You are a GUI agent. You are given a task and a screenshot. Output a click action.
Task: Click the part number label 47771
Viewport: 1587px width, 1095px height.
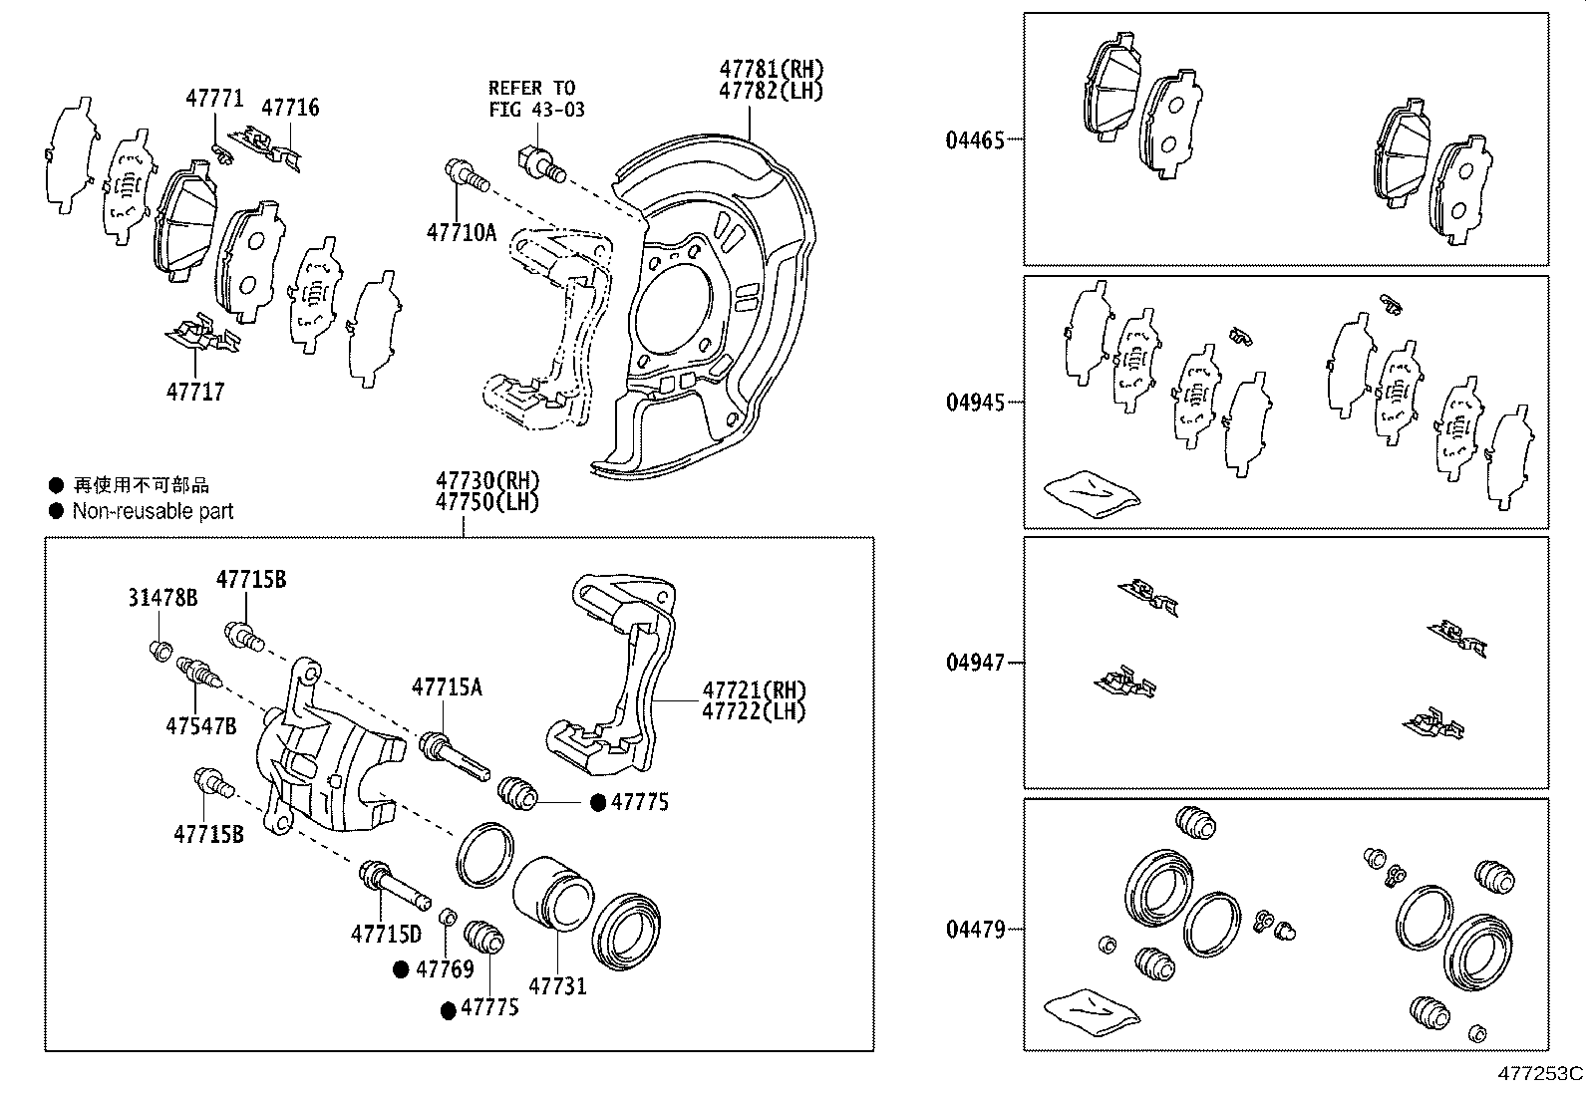214,98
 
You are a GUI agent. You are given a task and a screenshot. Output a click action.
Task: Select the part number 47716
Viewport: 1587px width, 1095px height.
290,107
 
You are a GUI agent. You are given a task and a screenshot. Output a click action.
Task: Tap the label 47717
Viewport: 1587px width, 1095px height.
195,392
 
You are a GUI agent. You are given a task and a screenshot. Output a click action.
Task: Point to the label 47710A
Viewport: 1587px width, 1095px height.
461,232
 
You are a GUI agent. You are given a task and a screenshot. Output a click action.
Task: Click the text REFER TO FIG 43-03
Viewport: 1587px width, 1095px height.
536,99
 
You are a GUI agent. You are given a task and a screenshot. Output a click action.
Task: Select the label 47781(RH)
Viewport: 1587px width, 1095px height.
773,69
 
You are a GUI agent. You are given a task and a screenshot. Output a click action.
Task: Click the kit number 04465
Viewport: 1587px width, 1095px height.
975,139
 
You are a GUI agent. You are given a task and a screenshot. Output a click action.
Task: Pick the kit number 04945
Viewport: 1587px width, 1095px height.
975,403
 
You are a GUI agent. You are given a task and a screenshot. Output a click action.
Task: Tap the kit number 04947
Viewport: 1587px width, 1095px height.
975,663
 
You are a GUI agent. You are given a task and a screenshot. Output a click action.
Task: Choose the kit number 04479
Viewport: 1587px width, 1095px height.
975,929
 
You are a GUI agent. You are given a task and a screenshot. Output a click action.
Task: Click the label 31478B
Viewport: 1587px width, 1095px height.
162,598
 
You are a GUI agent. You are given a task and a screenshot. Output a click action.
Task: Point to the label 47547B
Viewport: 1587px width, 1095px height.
201,725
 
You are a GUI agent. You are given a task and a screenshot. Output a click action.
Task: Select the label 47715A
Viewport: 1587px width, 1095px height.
447,686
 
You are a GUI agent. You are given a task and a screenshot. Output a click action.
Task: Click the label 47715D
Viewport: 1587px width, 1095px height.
386,934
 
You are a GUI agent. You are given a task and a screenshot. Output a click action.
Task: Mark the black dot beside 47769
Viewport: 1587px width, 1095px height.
401,969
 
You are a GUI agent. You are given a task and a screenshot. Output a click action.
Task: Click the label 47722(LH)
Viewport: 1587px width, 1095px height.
754,711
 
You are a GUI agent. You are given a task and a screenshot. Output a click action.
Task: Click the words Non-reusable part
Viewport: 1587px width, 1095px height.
153,511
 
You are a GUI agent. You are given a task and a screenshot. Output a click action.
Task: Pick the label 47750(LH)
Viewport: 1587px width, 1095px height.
487,502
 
